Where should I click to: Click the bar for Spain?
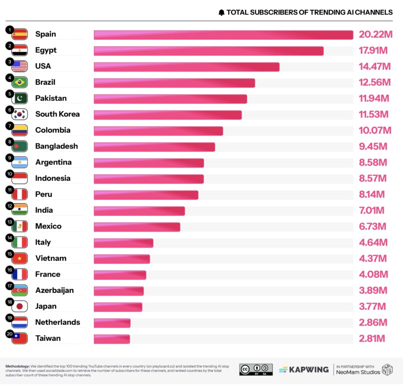223,35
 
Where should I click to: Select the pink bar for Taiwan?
112,339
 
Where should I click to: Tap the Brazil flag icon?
20,83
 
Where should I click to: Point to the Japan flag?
20,307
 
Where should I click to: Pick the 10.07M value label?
375,130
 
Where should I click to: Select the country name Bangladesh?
57,146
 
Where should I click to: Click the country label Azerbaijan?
55,290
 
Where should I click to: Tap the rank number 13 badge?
9,222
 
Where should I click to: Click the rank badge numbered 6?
9,110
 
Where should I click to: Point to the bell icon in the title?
222,13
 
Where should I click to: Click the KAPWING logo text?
308,370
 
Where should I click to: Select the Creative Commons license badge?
256,369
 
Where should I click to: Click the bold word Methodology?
18,366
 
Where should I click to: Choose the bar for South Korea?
168,115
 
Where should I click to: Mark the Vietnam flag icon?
20,259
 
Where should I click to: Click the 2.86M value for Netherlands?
373,322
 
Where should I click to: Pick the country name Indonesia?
53,178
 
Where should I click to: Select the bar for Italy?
123,243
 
